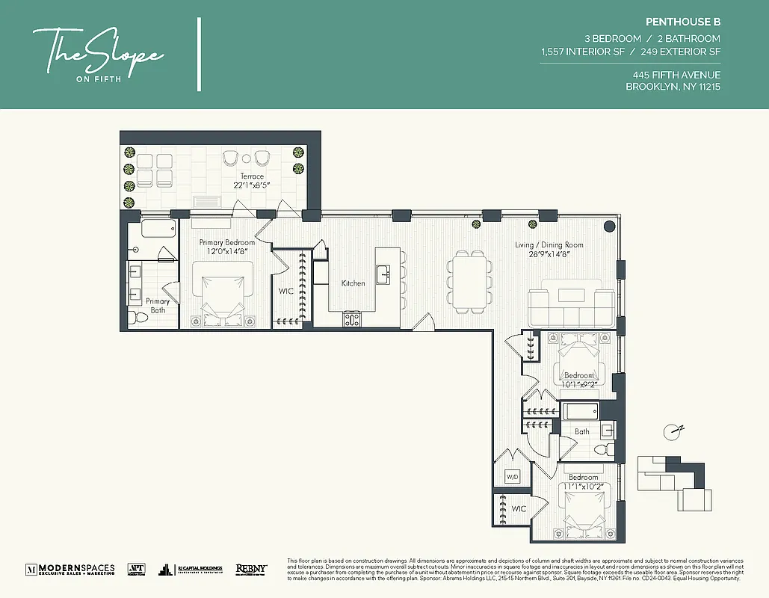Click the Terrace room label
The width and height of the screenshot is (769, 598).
(252, 176)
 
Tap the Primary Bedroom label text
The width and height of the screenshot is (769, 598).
(227, 242)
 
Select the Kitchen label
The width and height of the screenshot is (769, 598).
(353, 283)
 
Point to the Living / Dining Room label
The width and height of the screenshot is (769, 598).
(549, 244)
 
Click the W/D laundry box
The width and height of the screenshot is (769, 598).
(513, 476)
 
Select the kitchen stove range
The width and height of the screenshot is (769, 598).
(352, 319)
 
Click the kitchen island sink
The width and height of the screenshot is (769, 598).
(383, 273)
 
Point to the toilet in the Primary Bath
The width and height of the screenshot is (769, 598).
(137, 318)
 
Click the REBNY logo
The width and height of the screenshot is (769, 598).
(251, 569)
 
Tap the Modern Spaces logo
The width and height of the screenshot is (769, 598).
(70, 569)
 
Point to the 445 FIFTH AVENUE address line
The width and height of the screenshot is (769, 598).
(676, 75)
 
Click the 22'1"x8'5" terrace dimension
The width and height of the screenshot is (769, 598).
(252, 185)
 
